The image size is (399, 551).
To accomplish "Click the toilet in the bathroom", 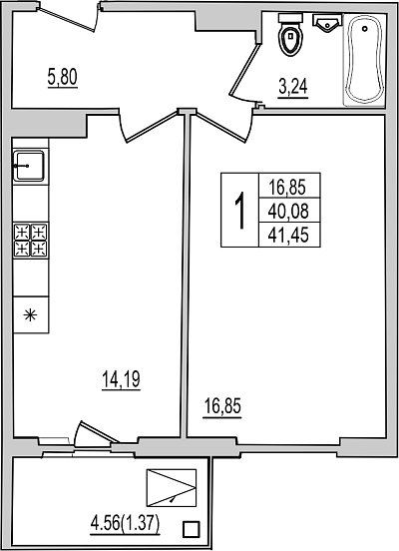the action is pyautogui.click(x=290, y=34).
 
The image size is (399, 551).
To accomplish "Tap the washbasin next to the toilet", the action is pyautogui.click(x=327, y=23).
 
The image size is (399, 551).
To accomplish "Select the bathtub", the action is pyautogui.click(x=364, y=59).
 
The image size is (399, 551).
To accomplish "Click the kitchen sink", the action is pyautogui.click(x=29, y=166).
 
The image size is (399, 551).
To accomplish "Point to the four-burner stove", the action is pyautogui.click(x=31, y=241).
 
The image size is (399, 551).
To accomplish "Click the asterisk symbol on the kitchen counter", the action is pyautogui.click(x=30, y=314).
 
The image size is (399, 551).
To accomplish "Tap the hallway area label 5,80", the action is pyautogui.click(x=63, y=78).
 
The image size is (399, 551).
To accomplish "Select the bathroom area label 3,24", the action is pyautogui.click(x=293, y=87).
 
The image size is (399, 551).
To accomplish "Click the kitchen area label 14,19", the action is pyautogui.click(x=121, y=379).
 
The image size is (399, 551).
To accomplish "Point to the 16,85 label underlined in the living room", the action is pyautogui.click(x=222, y=407).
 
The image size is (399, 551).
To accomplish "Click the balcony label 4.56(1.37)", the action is pyautogui.click(x=125, y=525).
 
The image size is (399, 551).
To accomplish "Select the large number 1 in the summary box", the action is pyautogui.click(x=239, y=210).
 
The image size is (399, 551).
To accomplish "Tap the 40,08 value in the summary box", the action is pyautogui.click(x=288, y=211).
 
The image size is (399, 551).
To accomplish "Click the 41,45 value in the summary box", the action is pyautogui.click(x=288, y=235).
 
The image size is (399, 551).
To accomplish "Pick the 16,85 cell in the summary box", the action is pyautogui.click(x=289, y=186).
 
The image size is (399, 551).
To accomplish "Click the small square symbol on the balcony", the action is pyautogui.click(x=192, y=528).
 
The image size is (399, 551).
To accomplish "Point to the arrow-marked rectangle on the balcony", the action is pyautogui.click(x=172, y=488).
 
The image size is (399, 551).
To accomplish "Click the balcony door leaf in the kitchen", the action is pyautogui.click(x=98, y=431).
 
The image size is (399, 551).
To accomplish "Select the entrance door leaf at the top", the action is pyautogui.click(x=67, y=19).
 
